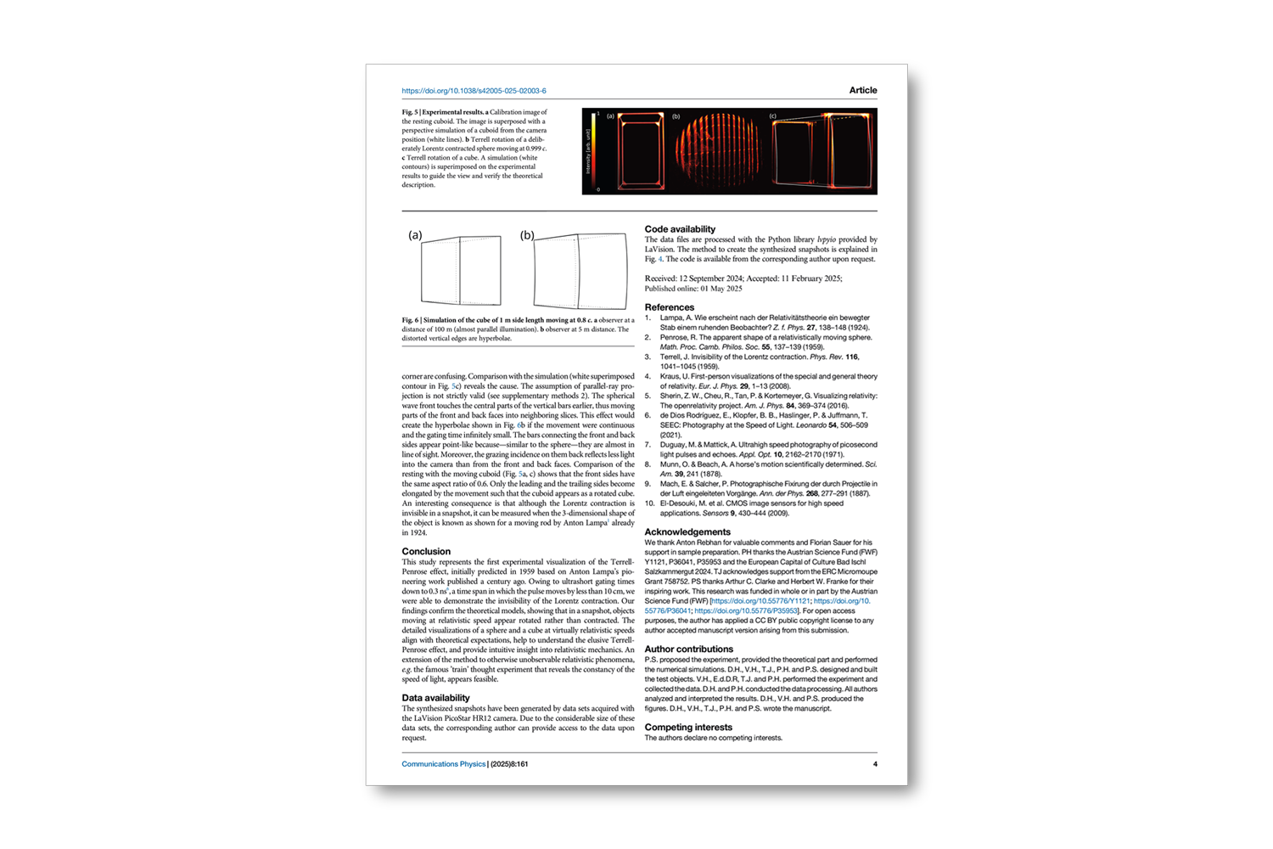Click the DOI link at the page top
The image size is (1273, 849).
tap(474, 91)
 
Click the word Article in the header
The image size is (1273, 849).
tap(862, 90)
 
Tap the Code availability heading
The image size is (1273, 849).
tap(679, 229)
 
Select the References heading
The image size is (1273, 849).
tap(669, 307)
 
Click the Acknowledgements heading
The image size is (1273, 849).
tap(687, 532)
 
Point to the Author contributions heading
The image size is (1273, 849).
tap(688, 649)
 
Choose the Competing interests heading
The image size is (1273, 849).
tap(687, 728)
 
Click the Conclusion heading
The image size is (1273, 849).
tap(426, 552)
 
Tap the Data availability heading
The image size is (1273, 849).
tap(435, 698)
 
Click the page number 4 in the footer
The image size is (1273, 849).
tap(875, 764)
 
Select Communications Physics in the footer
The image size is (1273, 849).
tap(443, 764)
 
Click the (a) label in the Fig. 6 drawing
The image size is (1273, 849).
tap(415, 235)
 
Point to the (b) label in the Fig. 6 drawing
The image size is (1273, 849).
tap(527, 235)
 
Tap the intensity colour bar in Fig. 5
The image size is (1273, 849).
tap(593, 151)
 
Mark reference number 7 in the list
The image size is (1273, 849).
tap(648, 445)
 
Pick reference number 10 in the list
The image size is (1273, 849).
tap(649, 503)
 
